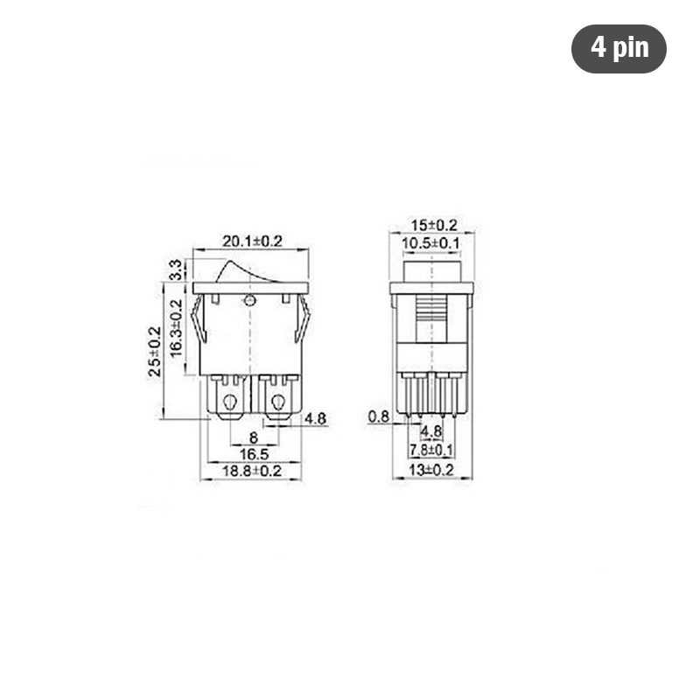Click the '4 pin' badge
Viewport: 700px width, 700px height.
click(619, 49)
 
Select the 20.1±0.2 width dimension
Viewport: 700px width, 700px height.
click(252, 241)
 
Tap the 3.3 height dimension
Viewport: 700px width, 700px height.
click(177, 269)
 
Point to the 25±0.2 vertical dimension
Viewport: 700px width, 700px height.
click(155, 352)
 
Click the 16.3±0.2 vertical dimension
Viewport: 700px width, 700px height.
click(177, 328)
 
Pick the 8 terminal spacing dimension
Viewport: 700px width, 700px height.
click(253, 437)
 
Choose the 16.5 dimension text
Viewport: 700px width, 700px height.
click(255, 454)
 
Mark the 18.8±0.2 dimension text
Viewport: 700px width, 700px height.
click(252, 471)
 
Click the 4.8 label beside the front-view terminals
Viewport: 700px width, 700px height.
click(315, 418)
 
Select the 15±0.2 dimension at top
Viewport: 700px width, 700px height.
click(434, 226)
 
